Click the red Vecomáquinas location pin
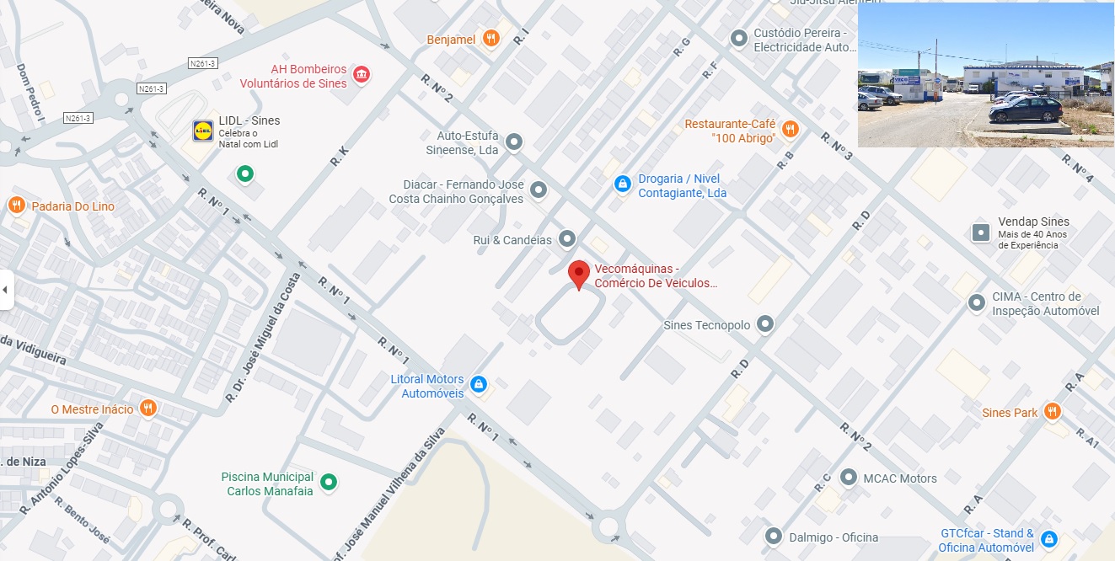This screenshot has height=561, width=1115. coord(578,274)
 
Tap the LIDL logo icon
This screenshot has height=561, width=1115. coord(203,131)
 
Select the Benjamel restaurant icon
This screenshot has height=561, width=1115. coord(491,39)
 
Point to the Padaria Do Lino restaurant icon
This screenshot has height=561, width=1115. coord(16,206)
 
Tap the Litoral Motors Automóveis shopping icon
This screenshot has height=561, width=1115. coord(479,385)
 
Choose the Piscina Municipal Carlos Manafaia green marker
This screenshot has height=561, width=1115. coord(330,483)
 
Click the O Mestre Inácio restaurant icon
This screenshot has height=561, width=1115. coord(148,409)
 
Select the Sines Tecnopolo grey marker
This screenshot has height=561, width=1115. coord(765,323)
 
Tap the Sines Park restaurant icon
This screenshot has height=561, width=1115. coord(1052,412)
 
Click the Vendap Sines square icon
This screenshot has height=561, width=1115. coord(981,232)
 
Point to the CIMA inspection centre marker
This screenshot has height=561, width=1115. coord(977,302)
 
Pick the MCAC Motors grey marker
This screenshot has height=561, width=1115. coord(849,478)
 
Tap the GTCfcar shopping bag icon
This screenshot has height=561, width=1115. coord(1049,539)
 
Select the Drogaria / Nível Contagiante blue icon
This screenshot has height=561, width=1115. coord(622,184)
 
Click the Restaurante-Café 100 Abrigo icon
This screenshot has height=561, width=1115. coord(790,130)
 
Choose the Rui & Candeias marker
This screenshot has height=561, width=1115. coord(568,240)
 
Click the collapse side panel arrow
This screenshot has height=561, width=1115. coord(6,290)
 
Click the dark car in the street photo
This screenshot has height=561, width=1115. coord(1026,110)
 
